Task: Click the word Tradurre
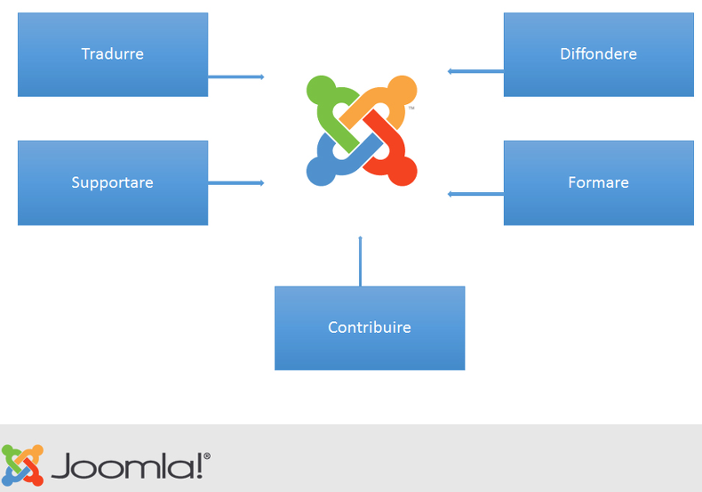[x=112, y=53]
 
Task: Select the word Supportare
[x=112, y=182]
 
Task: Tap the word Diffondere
[x=599, y=53]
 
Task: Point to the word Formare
[x=599, y=182]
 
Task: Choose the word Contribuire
[x=370, y=327]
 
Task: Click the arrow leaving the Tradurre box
[x=236, y=77]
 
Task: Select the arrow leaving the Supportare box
[x=236, y=182]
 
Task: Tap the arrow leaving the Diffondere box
[x=475, y=71]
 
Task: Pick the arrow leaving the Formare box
[x=475, y=194]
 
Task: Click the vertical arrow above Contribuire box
[x=361, y=262]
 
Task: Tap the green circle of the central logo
[x=321, y=90]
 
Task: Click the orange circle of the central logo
[x=402, y=90]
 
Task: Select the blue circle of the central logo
[x=321, y=171]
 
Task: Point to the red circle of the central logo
[x=402, y=171]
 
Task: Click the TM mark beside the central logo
[x=411, y=108]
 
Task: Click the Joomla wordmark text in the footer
[x=131, y=466]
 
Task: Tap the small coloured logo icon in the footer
[x=22, y=465]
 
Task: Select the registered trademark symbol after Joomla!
[x=207, y=456]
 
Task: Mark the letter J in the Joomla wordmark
[x=62, y=466]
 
